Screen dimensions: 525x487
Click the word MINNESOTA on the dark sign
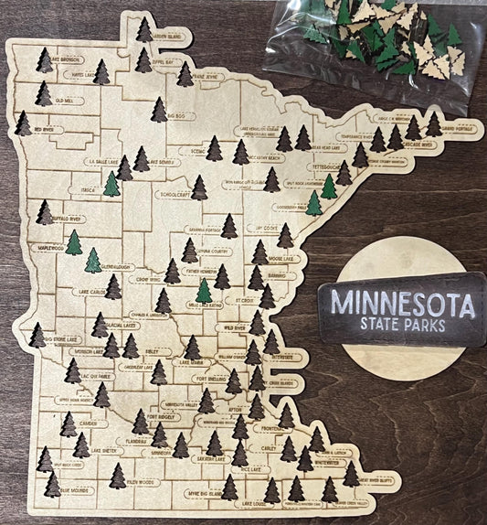[402, 302]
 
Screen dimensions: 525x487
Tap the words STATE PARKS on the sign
[403, 325]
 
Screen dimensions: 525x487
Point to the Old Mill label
[64, 100]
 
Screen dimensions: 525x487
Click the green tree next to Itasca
[111, 184]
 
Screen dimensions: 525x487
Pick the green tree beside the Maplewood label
[73, 242]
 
